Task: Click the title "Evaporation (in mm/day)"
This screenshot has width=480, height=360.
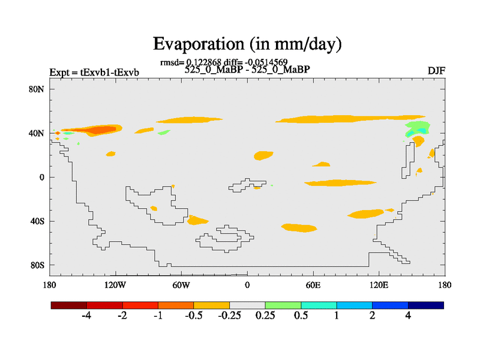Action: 247,44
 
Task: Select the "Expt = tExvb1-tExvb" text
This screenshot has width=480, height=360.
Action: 94,73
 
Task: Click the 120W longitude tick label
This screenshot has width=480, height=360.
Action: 115,284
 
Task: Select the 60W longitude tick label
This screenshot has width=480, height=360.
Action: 181,284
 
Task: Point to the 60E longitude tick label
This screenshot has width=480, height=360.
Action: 313,284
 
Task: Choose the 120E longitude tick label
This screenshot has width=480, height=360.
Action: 379,284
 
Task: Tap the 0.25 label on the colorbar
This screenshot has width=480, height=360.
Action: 265,316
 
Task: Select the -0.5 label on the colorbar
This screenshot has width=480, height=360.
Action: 193,316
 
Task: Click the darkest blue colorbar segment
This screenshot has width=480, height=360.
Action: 425,305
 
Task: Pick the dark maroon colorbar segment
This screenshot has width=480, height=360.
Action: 69,305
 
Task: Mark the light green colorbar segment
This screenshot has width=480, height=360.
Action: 283,305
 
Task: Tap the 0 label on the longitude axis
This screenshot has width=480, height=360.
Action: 247,284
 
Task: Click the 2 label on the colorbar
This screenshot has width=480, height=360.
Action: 372,316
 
